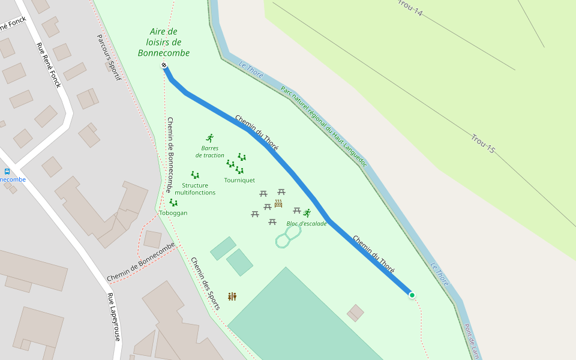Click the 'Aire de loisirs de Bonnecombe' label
pyautogui.click(x=164, y=43)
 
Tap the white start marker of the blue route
pyautogui.click(x=164, y=65)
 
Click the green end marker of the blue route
pyautogui.click(x=412, y=295)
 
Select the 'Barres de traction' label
pyautogui.click(x=210, y=152)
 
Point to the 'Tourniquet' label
pyautogui.click(x=239, y=180)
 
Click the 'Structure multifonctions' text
pyautogui.click(x=195, y=189)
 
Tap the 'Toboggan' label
pyautogui.click(x=173, y=213)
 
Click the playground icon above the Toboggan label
pyautogui.click(x=173, y=203)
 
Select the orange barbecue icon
pyautogui.click(x=278, y=203)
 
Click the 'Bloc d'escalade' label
pyautogui.click(x=307, y=224)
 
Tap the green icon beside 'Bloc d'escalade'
pyautogui.click(x=307, y=213)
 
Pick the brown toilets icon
pyautogui.click(x=232, y=296)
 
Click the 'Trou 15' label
pyautogui.click(x=483, y=144)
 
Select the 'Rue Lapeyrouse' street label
pyautogui.click(x=114, y=317)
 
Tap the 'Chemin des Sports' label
pyautogui.click(x=205, y=283)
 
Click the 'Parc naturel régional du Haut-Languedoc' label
pyautogui.click(x=323, y=126)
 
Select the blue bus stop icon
pyautogui.click(x=7, y=172)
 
